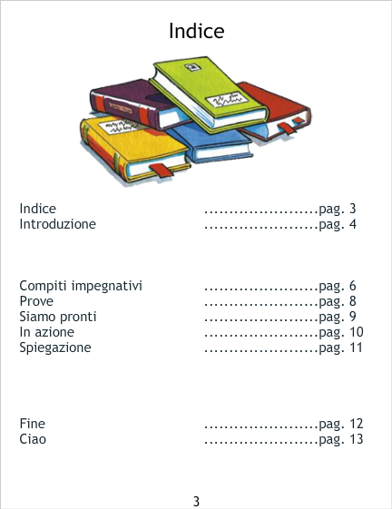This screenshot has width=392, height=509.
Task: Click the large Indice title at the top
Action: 197,31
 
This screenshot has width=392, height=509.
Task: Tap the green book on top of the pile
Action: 208,94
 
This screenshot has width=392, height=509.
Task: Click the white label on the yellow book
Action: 120,127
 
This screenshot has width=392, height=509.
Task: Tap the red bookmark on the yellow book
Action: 162,171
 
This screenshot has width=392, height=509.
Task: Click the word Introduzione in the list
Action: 58,224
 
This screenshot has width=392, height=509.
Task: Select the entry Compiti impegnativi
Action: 81,286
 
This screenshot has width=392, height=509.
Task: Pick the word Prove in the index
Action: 36,301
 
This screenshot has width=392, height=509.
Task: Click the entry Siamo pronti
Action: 58,317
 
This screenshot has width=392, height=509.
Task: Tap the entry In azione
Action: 47,332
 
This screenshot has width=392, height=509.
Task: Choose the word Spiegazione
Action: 55,347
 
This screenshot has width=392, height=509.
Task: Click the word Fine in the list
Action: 33,424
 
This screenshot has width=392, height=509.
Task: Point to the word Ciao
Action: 33,439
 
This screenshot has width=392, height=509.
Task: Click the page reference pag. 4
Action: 338,225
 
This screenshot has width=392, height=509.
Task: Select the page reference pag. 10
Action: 341,332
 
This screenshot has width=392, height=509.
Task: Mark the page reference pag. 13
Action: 341,439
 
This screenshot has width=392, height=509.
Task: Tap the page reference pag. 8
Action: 338,301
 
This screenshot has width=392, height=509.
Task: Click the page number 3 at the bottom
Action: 196,501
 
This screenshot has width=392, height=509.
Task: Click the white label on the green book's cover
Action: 226,101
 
